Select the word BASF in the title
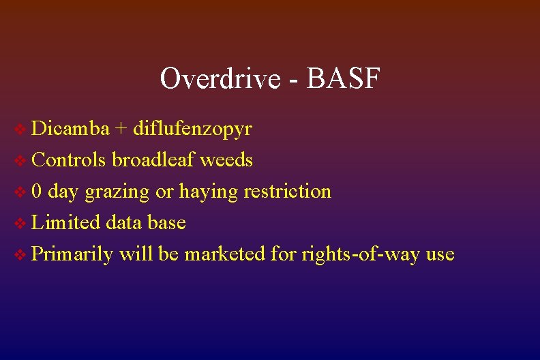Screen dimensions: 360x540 (344, 79)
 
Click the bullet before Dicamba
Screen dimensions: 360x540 (21, 130)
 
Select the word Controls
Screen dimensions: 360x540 (69, 160)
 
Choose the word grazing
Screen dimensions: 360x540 (117, 192)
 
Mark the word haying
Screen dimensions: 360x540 (200, 192)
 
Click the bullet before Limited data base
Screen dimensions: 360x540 (21, 224)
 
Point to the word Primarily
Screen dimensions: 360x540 (72, 254)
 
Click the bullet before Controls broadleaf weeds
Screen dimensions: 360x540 (21, 161)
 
